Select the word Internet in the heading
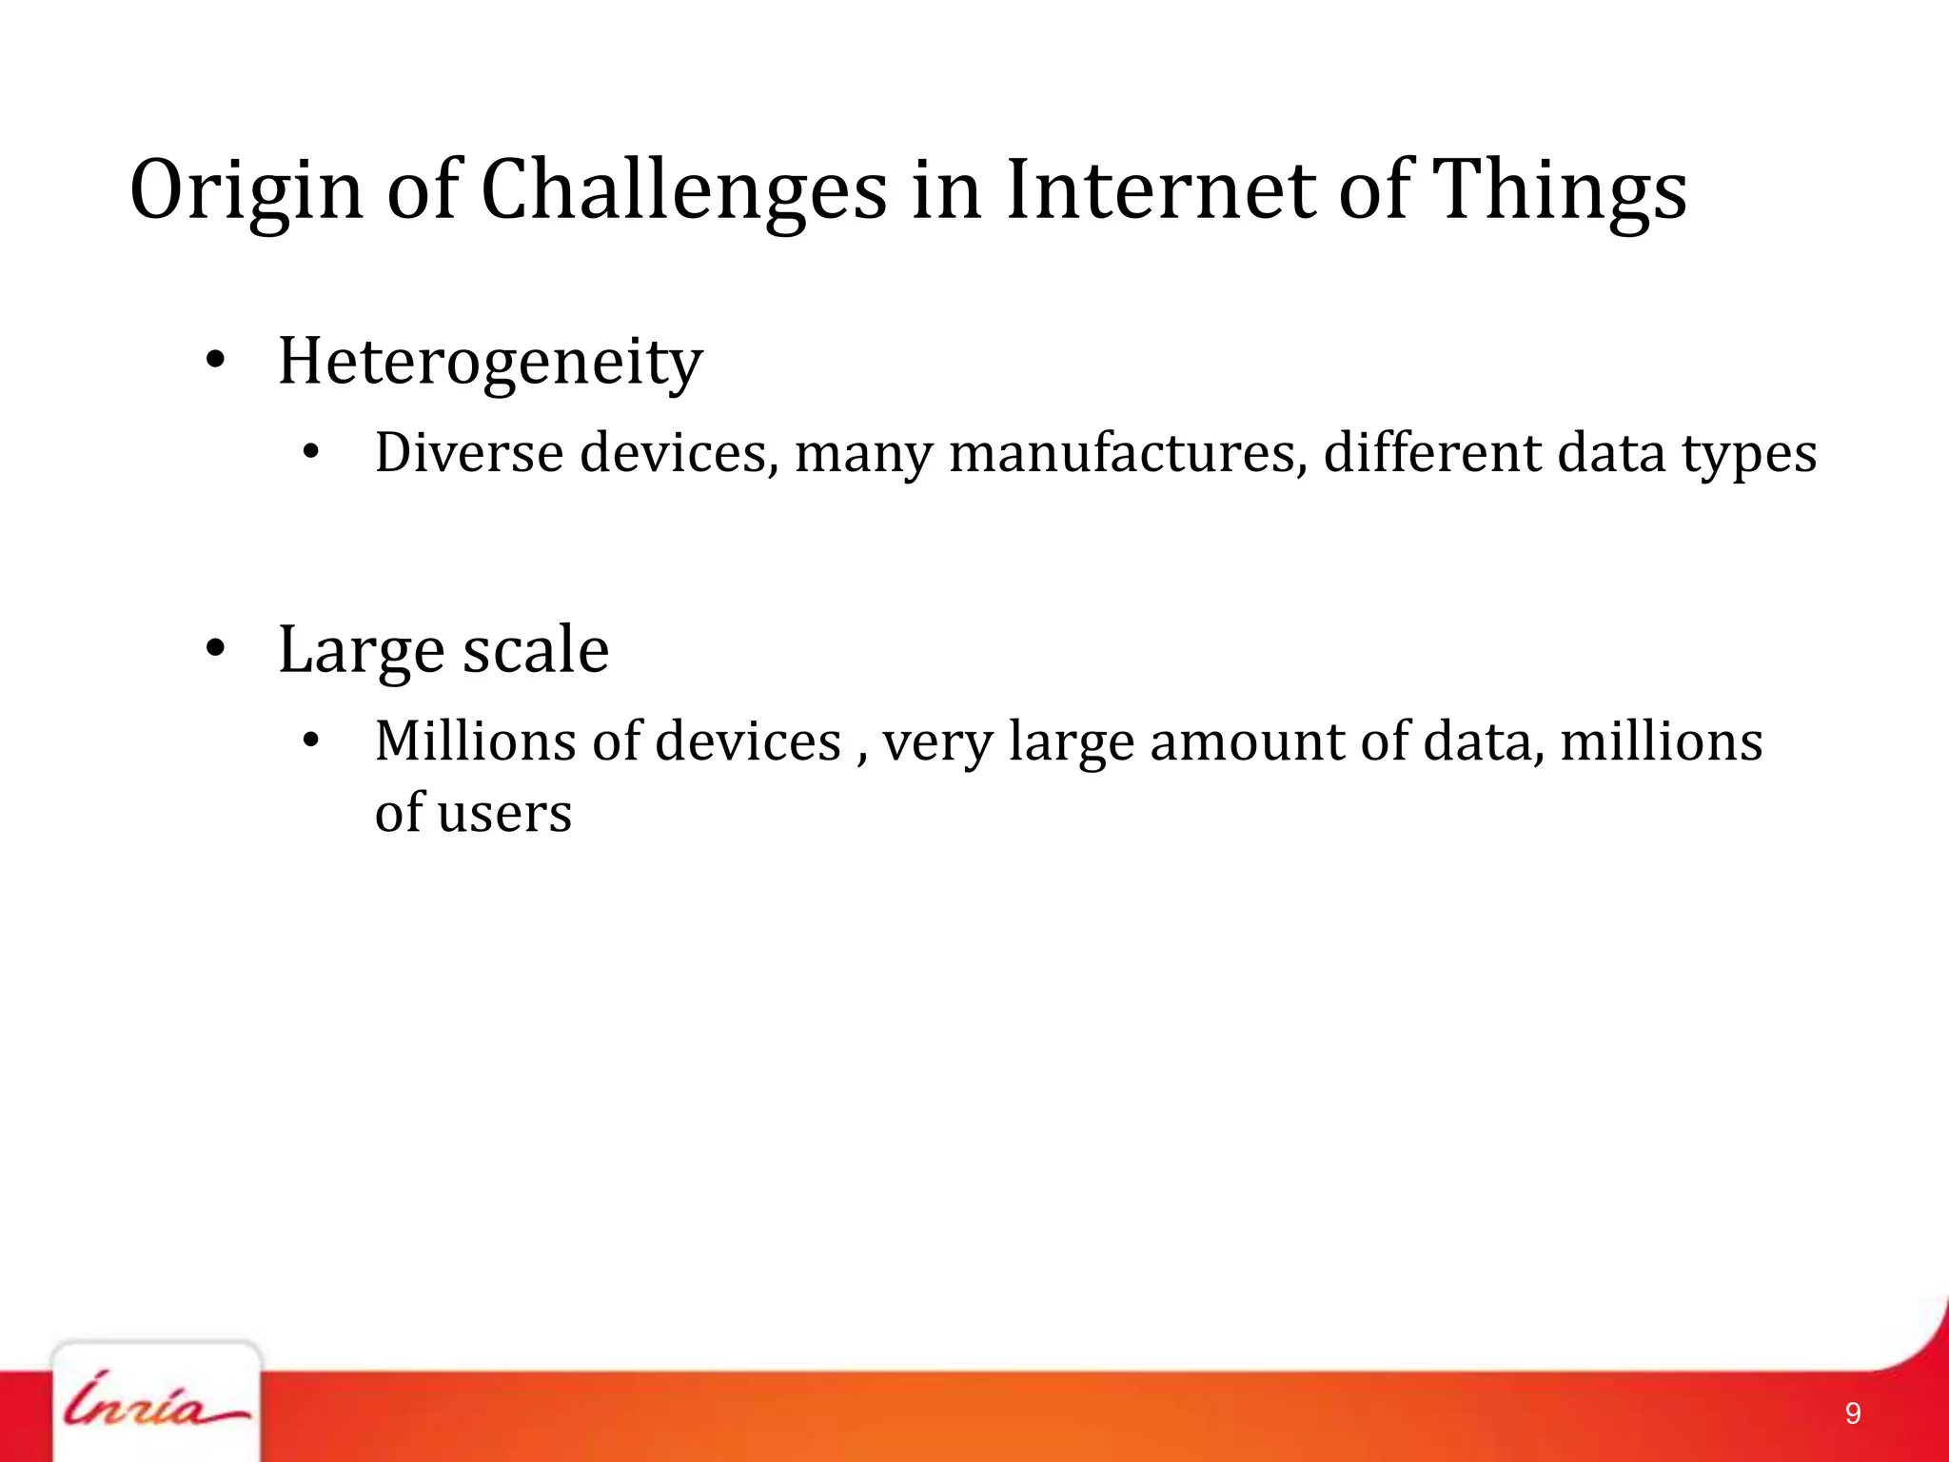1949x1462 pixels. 1160,190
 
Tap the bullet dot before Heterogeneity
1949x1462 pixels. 216,361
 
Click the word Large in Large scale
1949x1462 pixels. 361,651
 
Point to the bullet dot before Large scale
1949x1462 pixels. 216,649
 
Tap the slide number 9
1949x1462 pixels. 1852,1413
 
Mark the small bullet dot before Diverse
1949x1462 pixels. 309,454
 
